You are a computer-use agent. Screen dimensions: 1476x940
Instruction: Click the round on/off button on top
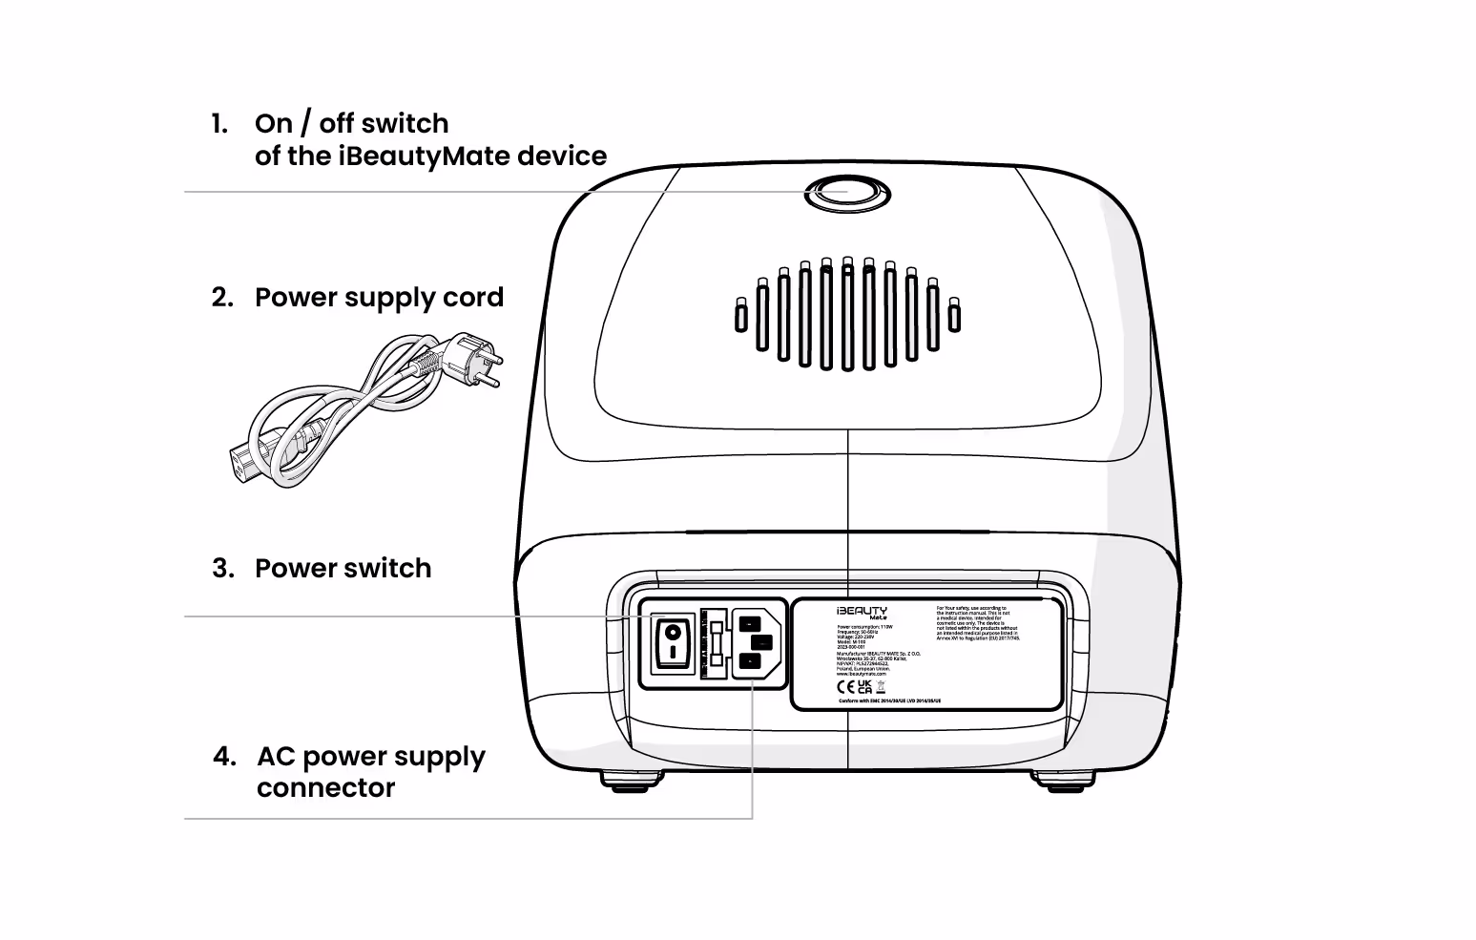tap(846, 193)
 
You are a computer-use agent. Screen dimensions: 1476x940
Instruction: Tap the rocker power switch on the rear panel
tap(673, 641)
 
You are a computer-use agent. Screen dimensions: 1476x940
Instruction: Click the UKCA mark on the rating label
tap(864, 687)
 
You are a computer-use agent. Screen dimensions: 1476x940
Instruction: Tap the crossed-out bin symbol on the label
tap(881, 687)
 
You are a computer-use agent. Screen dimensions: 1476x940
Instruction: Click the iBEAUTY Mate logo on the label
tap(862, 613)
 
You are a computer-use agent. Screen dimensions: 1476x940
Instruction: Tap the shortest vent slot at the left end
tap(741, 315)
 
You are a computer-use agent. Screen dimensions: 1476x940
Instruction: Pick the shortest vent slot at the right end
tap(954, 315)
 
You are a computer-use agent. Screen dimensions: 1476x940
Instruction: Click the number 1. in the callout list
tap(219, 124)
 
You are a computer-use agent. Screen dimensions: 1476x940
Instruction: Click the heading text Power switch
tap(343, 569)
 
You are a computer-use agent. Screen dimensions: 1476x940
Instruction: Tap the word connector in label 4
tap(325, 788)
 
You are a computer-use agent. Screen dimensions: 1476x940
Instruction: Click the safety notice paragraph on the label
tap(978, 622)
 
